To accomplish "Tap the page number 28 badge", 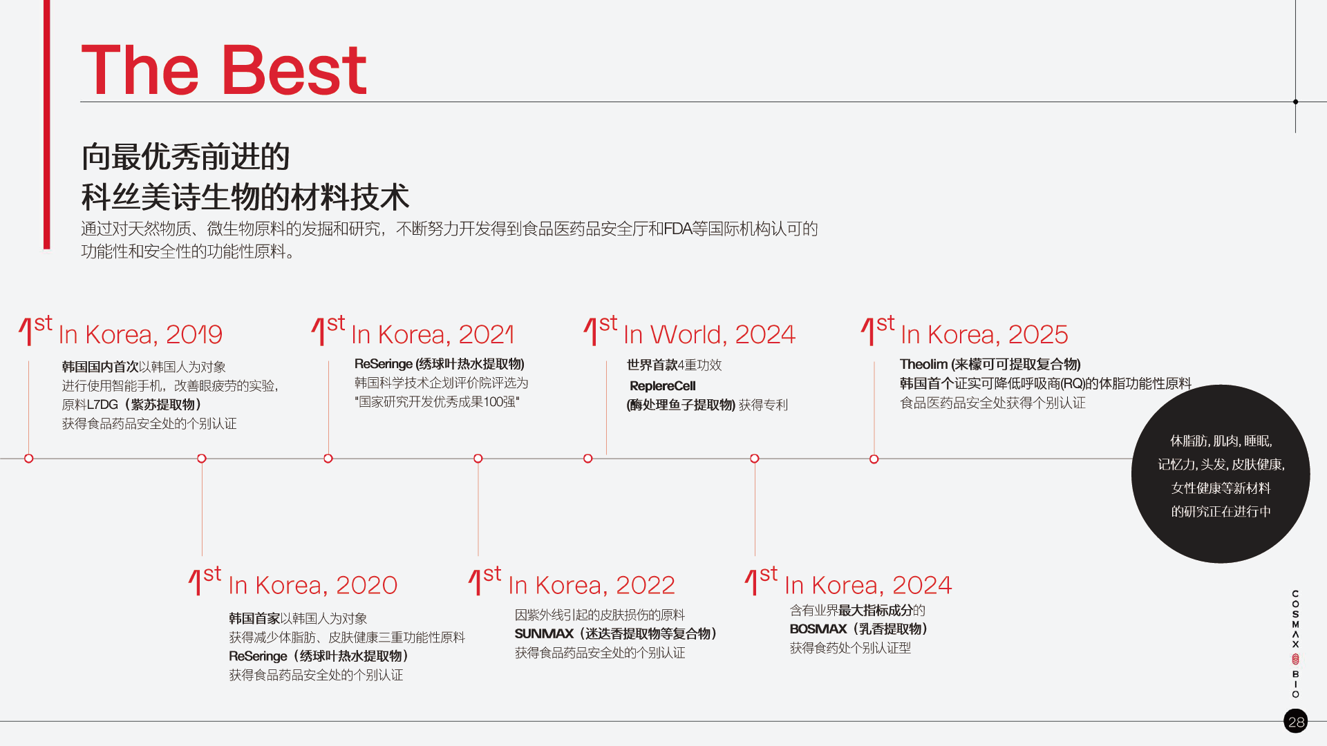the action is (1296, 721).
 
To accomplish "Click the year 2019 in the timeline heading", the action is (194, 334).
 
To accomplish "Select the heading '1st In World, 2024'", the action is (690, 331).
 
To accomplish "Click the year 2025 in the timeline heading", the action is (1038, 334).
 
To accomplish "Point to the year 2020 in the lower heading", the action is (366, 585).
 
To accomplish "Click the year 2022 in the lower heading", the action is (645, 585).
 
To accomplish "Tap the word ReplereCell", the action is (663, 386).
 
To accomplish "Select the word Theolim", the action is (923, 364).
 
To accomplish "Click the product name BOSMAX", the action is (818, 629).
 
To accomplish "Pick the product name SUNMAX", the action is (545, 634).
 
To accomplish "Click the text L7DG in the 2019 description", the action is (102, 405).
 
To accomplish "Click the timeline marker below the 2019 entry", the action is (28, 459).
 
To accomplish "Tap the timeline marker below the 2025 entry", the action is (874, 459).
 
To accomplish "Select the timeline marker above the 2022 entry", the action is (478, 459).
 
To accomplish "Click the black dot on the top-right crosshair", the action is (1296, 102).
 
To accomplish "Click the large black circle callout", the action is (1221, 474).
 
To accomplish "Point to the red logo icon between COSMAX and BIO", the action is (1296, 659).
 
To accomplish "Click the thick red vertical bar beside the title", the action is (46, 124).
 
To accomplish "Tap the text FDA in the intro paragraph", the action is (678, 229).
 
